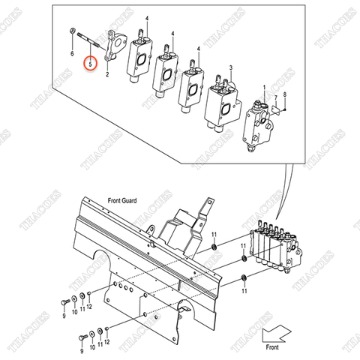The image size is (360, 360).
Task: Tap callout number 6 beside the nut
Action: click(72, 55)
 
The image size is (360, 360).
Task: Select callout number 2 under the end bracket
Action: click(107, 74)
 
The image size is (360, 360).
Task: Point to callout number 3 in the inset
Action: click(231, 68)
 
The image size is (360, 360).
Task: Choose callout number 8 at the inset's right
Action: click(285, 94)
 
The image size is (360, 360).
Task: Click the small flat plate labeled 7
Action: click(274, 109)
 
